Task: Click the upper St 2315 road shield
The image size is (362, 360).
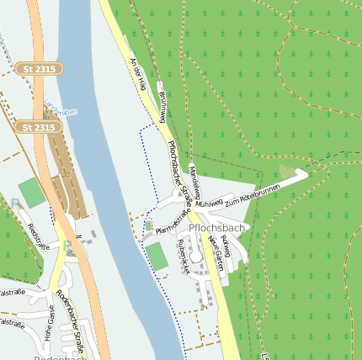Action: [x=38, y=68]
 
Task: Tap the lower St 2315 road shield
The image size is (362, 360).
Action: [x=38, y=127]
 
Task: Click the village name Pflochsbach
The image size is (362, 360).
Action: [x=217, y=228]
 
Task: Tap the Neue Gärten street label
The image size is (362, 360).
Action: [x=215, y=250]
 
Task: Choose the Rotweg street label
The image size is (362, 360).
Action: [x=226, y=246]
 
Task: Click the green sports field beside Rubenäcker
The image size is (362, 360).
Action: [x=157, y=256]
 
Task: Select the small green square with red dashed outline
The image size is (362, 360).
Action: [x=149, y=225]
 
